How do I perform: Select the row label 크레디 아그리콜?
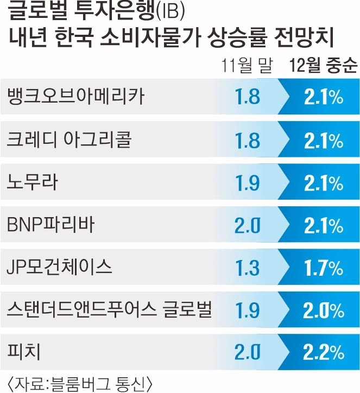point(69,140)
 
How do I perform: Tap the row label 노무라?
point(33,183)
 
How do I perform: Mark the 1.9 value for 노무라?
point(248,183)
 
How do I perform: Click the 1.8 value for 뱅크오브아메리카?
point(248,97)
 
